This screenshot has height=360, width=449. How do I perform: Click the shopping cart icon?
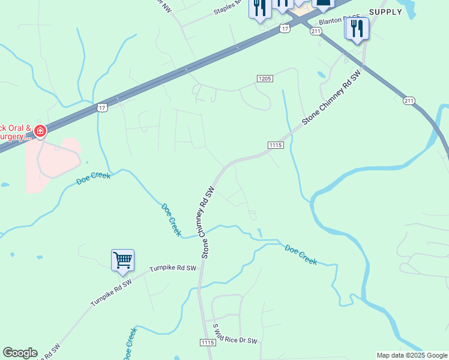[122, 260]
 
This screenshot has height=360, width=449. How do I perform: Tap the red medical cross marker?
[40, 131]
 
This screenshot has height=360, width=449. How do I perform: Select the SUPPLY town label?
[385, 11]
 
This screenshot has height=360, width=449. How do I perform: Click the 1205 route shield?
[265, 79]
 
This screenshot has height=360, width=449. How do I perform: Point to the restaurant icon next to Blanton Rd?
[357, 28]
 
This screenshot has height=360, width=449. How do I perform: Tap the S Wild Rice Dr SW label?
[235, 334]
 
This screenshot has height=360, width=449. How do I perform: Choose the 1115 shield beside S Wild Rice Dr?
[208, 342]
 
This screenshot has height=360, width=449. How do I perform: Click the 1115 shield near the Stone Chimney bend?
[276, 145]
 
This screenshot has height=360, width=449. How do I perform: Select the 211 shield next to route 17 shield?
[316, 31]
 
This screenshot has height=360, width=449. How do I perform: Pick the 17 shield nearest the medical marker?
[103, 107]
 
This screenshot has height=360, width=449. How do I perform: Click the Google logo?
[20, 353]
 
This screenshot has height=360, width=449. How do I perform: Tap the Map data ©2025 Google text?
[412, 355]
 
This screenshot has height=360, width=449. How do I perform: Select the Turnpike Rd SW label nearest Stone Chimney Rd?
[173, 268]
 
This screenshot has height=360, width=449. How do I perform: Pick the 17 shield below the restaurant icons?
[285, 28]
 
